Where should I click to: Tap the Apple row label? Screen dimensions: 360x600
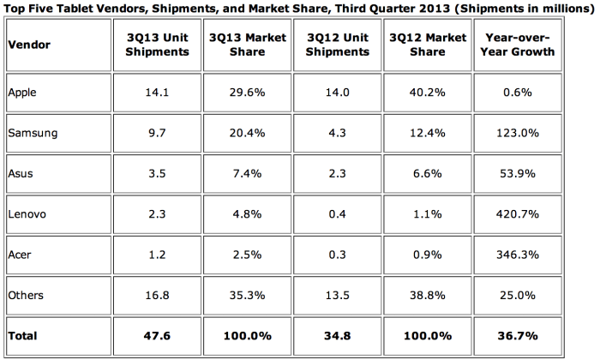coord(22,91)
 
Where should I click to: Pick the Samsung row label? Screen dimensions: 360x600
coord(29,133)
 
